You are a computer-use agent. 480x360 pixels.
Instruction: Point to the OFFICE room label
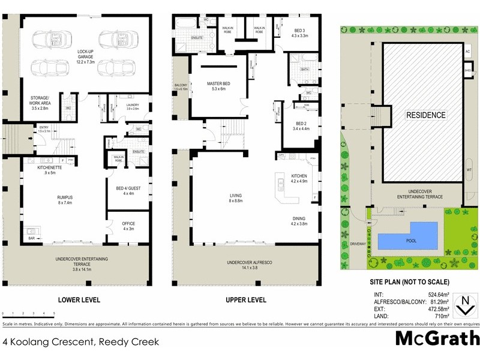[128, 225]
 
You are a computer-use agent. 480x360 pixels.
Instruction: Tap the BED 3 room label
[301, 33]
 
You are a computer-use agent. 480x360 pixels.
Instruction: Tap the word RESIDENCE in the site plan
[426, 115]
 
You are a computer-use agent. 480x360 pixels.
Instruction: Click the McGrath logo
[437, 339]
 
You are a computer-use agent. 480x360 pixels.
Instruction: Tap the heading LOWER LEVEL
[78, 299]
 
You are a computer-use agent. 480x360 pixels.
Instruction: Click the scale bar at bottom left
[28, 313]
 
